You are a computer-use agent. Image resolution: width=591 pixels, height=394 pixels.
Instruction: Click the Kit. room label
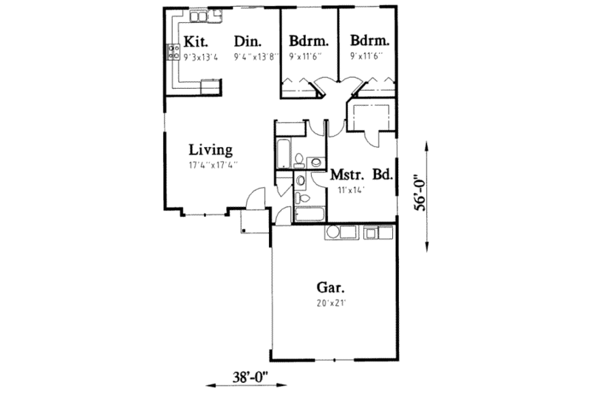pos(196,41)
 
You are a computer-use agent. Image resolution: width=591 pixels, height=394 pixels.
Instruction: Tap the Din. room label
pos(247,41)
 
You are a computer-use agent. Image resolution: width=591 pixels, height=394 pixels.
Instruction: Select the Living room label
pos(210,148)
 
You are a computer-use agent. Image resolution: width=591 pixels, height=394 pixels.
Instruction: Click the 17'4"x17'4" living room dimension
pos(213,165)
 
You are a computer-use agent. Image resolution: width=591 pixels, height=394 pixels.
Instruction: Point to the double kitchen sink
pos(199,16)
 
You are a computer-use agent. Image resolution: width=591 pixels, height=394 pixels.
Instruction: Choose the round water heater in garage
pos(332,233)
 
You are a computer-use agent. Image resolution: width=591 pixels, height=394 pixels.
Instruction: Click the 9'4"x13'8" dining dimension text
pos(255,57)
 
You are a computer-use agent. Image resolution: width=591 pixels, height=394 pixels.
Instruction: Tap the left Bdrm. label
pos(309,41)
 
